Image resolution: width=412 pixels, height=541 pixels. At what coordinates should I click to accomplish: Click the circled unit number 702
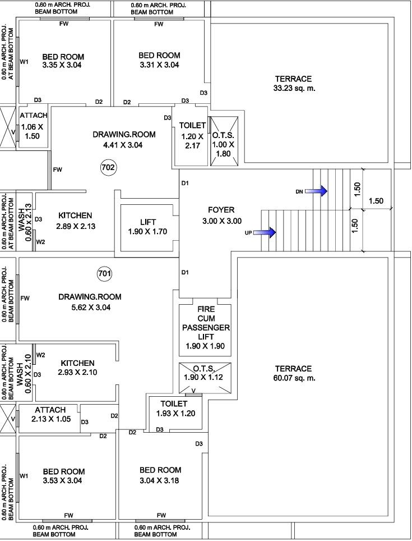click(108, 167)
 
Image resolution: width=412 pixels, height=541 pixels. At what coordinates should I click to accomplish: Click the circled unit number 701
click(104, 274)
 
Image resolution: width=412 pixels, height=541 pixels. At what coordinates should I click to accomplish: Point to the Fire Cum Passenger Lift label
click(205, 327)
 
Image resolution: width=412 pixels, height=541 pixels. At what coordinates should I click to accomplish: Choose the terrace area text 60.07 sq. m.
click(293, 373)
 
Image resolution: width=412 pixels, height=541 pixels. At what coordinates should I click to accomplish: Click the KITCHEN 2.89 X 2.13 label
click(75, 221)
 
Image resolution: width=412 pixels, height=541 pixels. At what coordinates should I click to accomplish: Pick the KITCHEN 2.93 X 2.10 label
click(77, 368)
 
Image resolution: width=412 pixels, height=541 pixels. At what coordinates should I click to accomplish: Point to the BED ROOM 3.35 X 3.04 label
click(63, 61)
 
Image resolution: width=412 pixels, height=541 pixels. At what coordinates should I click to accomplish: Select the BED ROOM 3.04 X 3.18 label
click(160, 475)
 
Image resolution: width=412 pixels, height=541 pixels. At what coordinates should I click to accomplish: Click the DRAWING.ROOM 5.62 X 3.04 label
click(90, 302)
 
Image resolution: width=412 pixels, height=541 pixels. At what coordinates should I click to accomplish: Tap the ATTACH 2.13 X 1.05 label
click(50, 414)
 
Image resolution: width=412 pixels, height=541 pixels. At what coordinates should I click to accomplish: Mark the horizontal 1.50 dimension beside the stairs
click(376, 201)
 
